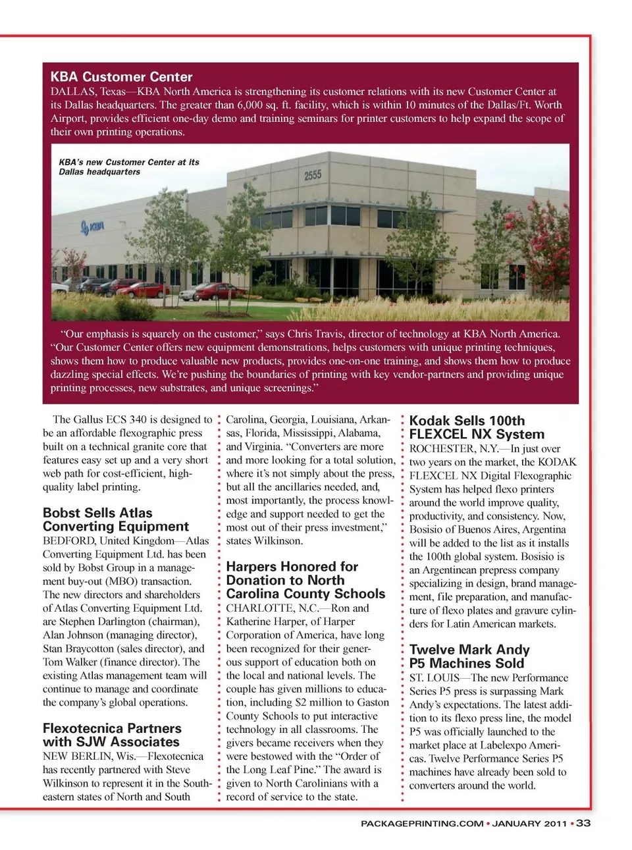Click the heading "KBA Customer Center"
tap(121, 76)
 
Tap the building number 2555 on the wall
tap(312, 174)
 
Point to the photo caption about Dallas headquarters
tap(128, 167)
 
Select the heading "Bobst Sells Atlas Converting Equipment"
tap(115, 519)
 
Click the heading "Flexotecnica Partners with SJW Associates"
tap(112, 735)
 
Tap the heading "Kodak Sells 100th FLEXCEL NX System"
tap(477, 427)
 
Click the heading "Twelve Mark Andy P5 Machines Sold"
tap(469, 656)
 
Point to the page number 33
tap(583, 823)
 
